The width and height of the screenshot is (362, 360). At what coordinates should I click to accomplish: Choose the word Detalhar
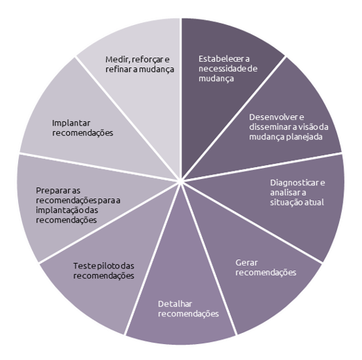point(175,304)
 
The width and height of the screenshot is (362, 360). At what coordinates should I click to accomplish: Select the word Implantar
point(71,123)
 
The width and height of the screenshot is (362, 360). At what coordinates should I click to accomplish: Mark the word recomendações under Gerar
point(266,273)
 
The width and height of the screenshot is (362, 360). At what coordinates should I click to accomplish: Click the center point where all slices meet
point(180,181)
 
